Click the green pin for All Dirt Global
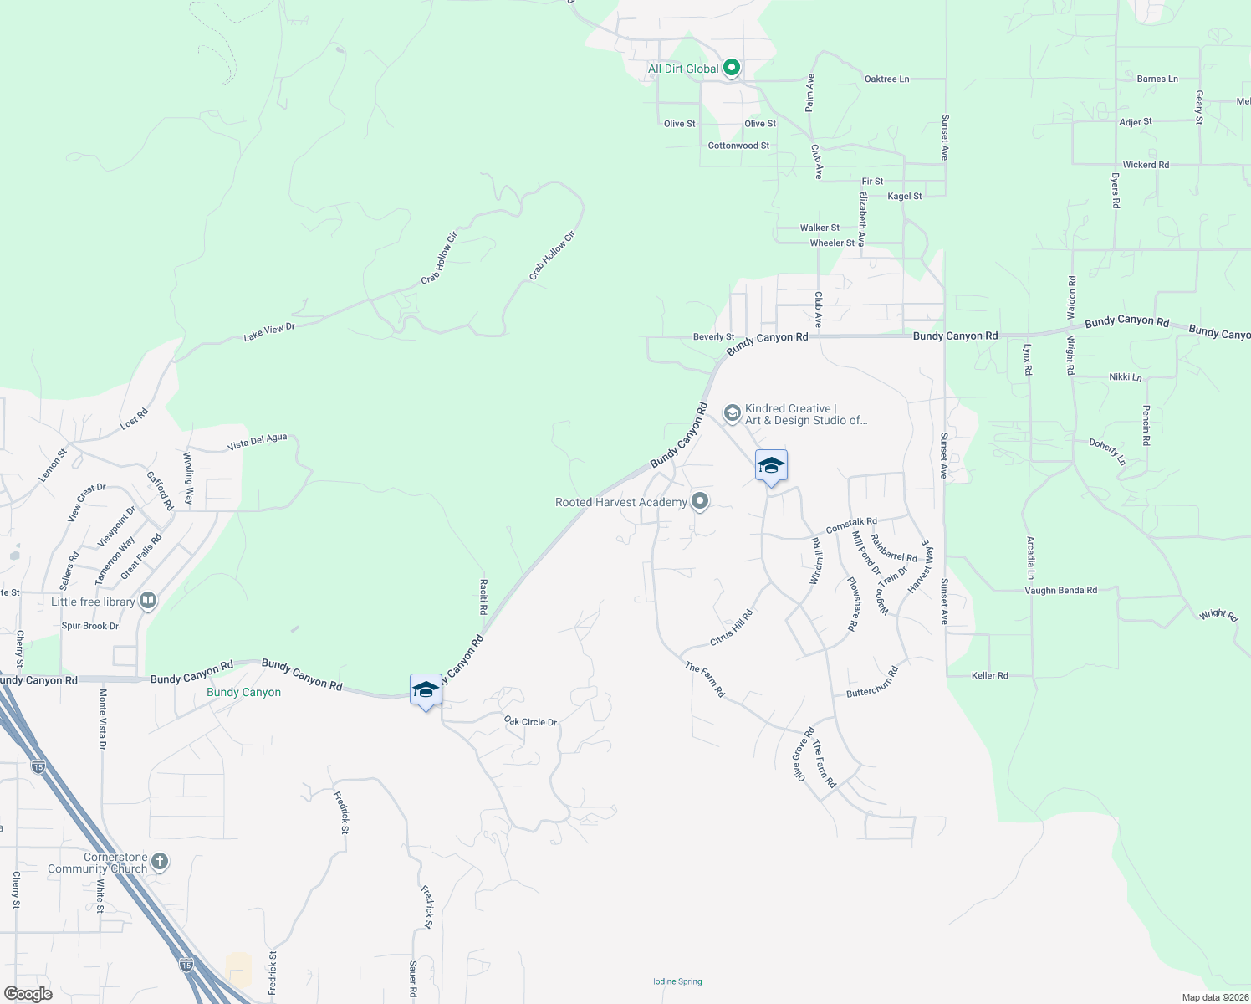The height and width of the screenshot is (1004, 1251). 732,68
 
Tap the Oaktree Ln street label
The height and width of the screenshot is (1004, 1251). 886,79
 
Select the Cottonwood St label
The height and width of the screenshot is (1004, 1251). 738,146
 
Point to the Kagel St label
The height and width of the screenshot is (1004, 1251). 905,197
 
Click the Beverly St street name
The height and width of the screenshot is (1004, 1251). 713,337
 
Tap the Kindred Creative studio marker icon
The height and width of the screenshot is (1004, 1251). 732,413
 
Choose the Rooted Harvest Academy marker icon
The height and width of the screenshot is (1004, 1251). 701,502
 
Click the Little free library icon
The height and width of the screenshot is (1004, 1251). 148,601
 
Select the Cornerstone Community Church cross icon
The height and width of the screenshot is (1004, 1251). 160,862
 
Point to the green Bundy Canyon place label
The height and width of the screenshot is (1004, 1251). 243,693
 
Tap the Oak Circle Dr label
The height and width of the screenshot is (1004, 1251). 530,721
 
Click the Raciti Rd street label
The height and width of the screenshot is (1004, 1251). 483,597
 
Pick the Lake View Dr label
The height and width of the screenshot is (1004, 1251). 269,332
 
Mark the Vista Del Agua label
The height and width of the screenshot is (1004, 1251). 258,442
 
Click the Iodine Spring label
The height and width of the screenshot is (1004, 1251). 677,981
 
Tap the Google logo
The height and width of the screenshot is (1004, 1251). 28,993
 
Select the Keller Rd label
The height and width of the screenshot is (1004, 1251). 990,675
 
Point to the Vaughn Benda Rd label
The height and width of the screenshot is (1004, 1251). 1060,590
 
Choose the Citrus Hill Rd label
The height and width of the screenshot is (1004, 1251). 731,627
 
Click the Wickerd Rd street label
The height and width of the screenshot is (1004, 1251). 1146,165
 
